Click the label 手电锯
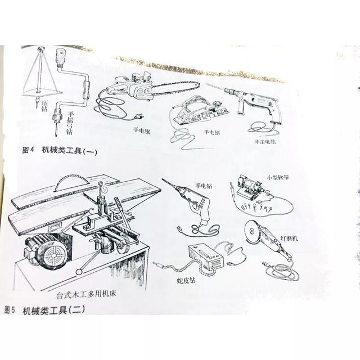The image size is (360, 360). (x=142, y=131)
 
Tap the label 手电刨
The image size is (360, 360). (x=212, y=132)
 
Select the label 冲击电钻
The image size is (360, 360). (x=265, y=141)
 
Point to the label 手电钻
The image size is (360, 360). (x=204, y=186)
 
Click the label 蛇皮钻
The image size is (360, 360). (x=186, y=280)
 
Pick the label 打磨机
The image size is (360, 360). (x=289, y=238)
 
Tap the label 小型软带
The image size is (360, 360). (x=278, y=177)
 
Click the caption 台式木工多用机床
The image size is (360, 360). (x=86, y=294)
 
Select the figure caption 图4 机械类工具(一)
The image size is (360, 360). (x=60, y=150)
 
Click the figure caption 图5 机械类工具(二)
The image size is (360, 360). (x=45, y=310)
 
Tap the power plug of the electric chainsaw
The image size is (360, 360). (x=138, y=116)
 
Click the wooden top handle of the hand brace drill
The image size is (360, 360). (x=61, y=57)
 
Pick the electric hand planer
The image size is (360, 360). (x=200, y=110)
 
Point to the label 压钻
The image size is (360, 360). (x=44, y=105)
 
